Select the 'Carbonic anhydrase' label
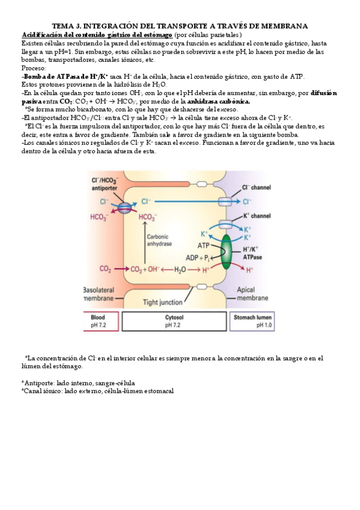tap(161, 240)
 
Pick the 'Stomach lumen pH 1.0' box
tap(255, 321)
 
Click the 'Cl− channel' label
tap(255, 188)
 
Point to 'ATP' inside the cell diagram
tap(204, 245)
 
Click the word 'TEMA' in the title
tap(64, 26)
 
